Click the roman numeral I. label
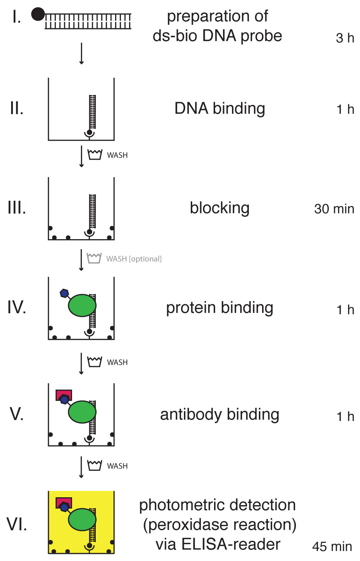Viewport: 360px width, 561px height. click(17, 17)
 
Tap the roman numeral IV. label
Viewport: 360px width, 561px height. click(17, 307)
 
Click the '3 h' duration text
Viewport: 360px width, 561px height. click(345, 38)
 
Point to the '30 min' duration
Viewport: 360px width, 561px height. click(334, 209)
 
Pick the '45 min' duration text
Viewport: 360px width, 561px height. click(332, 546)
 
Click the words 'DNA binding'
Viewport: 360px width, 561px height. click(220, 109)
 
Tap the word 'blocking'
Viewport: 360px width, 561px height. click(220, 208)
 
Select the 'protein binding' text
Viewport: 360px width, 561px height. click(220, 308)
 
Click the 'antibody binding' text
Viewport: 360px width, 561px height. click(220, 415)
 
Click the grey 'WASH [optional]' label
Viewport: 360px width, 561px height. click(134, 259)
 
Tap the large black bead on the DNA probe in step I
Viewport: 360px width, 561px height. click(38, 14)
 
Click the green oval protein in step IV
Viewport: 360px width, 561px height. click(82, 305)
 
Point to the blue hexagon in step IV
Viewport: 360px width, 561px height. click(65, 293)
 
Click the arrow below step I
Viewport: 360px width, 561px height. click(81, 54)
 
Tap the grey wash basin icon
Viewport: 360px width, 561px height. click(94, 258)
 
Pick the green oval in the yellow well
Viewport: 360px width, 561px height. click(82, 519)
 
